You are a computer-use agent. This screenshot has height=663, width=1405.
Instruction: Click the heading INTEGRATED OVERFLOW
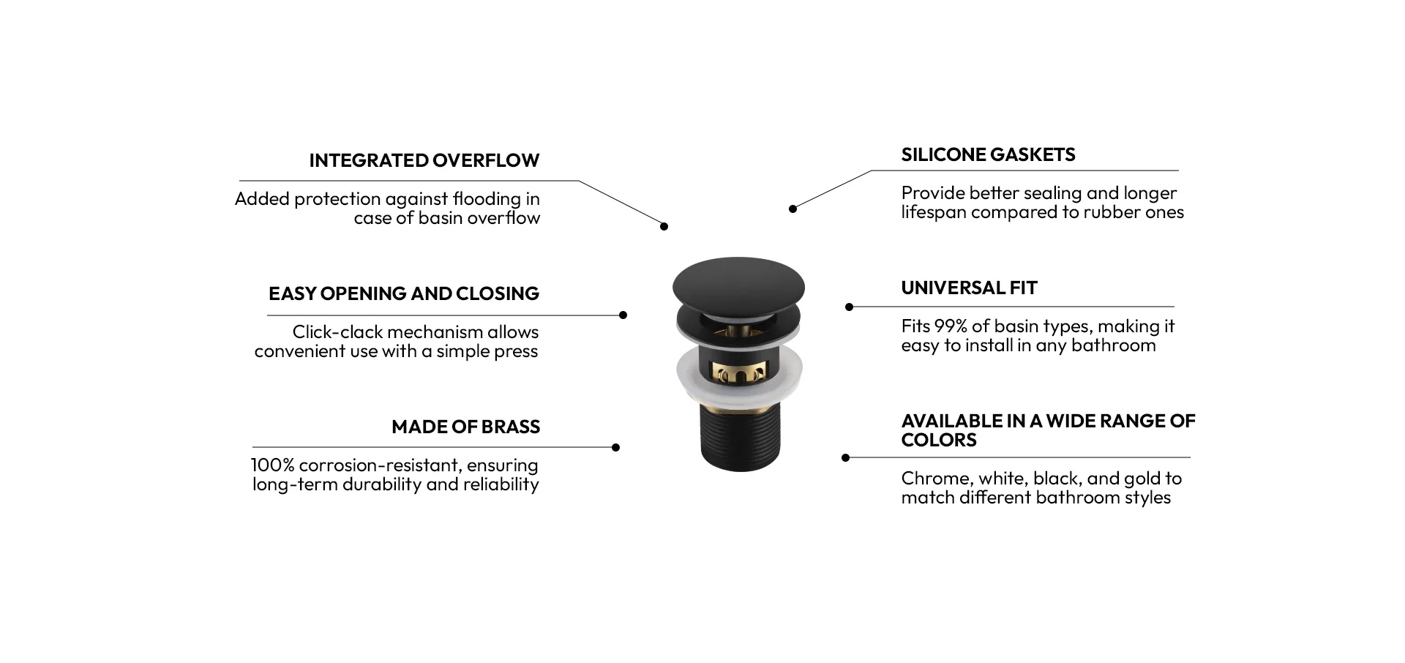(x=424, y=160)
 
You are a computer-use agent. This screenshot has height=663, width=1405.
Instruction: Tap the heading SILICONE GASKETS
(x=988, y=154)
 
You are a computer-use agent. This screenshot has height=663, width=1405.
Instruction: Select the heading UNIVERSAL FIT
(x=969, y=288)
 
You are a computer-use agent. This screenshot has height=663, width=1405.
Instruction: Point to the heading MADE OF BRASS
(x=465, y=427)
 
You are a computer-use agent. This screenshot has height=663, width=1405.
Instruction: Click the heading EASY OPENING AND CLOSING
(x=404, y=293)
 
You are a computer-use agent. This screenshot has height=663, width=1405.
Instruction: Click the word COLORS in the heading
(x=939, y=440)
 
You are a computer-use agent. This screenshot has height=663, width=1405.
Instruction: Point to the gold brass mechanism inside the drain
(x=738, y=373)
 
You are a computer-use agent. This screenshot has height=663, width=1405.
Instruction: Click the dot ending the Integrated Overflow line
(x=664, y=227)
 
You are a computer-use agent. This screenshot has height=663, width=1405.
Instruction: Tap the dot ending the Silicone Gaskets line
(x=793, y=209)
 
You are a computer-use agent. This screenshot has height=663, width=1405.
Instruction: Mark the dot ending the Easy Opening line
(x=623, y=315)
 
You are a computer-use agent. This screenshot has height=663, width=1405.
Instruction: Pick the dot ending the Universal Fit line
(x=849, y=307)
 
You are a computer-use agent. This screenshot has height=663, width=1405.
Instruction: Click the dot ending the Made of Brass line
(x=615, y=448)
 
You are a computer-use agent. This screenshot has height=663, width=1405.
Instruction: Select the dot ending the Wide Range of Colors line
(x=845, y=458)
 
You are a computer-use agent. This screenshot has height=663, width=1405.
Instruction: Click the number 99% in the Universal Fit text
(x=951, y=326)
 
